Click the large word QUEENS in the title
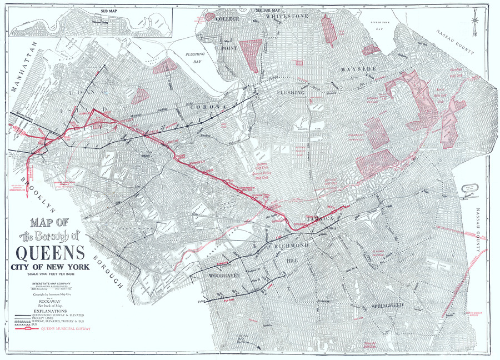click(51, 253)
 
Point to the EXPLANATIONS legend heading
click(51, 311)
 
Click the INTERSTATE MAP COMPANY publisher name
click(51, 283)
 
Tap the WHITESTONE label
click(287, 17)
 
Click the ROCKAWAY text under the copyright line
click(51, 302)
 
